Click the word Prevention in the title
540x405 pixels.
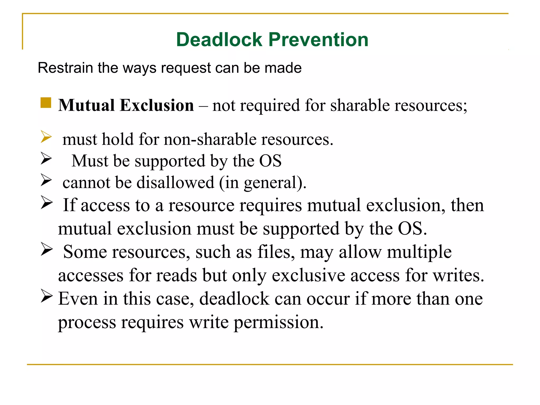[x=318, y=40]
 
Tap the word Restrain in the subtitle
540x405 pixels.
[x=65, y=68]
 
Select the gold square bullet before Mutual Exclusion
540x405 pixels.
[x=46, y=103]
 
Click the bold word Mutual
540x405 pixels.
[x=86, y=105]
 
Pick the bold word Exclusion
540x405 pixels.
[x=157, y=105]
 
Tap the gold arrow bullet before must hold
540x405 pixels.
[x=46, y=137]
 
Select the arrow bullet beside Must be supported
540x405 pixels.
[x=46, y=158]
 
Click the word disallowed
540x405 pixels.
[x=175, y=182]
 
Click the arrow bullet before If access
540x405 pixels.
[x=47, y=202]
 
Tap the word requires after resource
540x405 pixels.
[x=271, y=205]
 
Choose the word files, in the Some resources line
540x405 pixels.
[x=276, y=252]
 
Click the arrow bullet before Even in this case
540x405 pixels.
[x=47, y=296]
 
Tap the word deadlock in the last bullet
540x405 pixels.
[x=234, y=299]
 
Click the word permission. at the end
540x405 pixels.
[x=278, y=322]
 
